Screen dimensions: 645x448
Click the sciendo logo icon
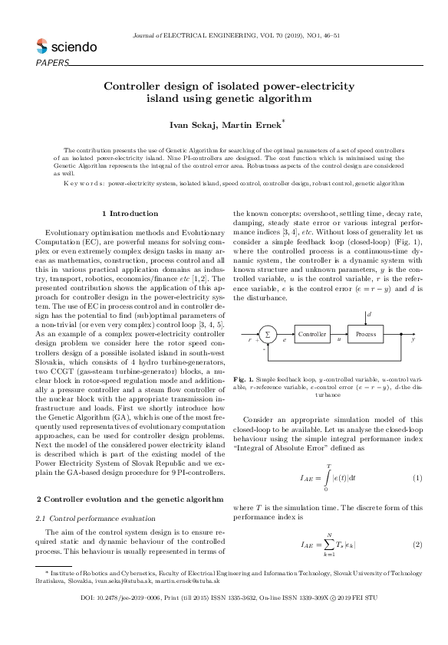point(43,47)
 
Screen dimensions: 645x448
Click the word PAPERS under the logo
point(52,63)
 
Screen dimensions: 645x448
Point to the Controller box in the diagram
point(312,334)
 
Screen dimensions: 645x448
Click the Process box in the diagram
point(366,334)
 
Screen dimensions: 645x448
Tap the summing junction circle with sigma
point(268,334)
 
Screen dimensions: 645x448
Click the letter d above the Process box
point(370,314)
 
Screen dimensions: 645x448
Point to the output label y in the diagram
point(413,338)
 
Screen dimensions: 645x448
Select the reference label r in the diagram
point(250,338)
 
